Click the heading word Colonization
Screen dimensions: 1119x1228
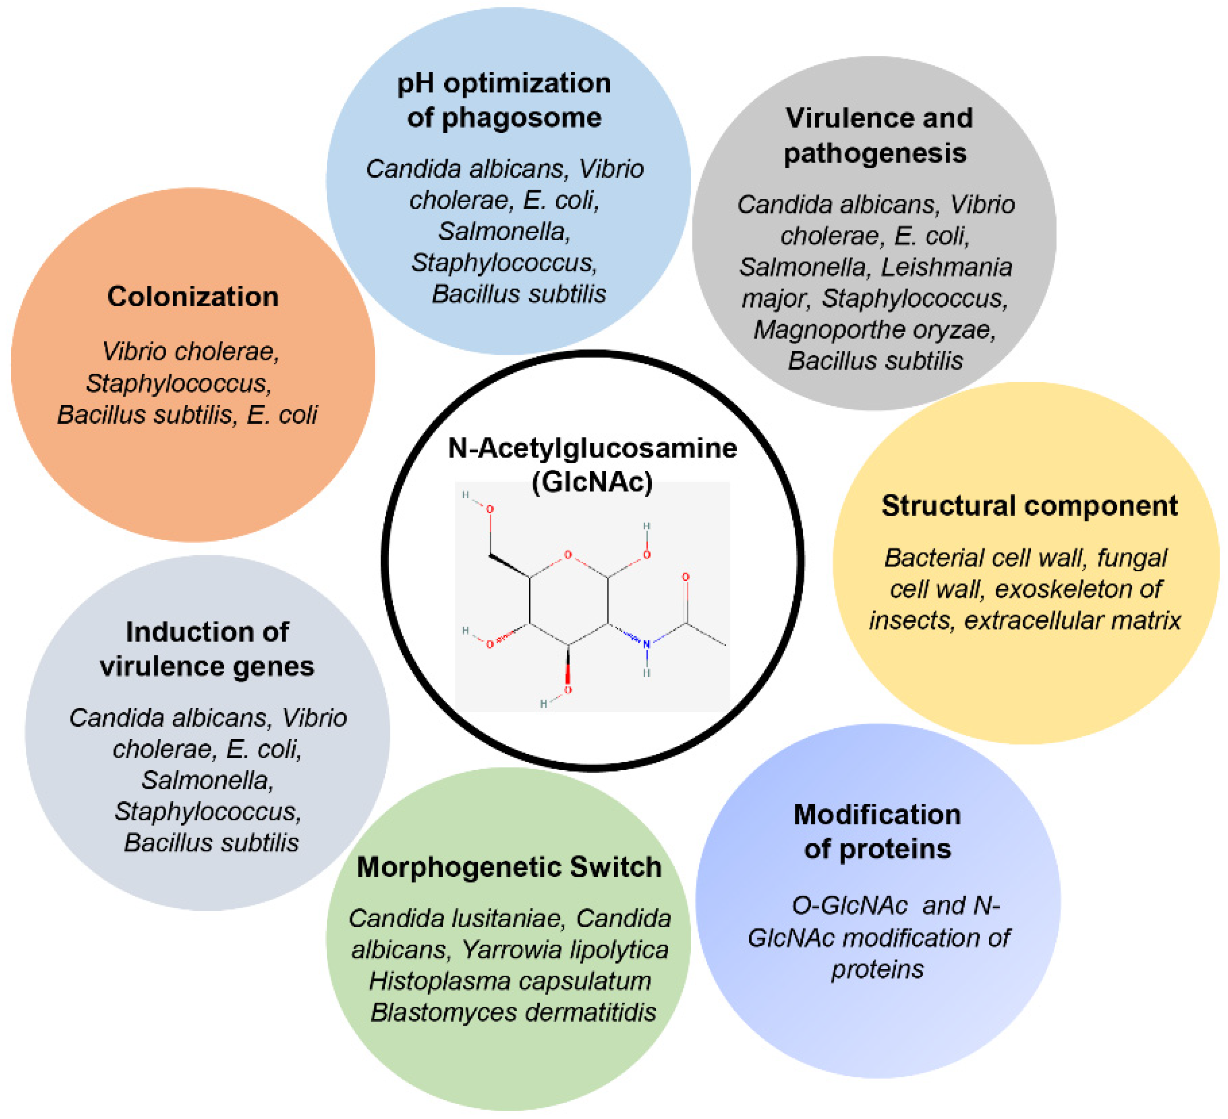(x=193, y=296)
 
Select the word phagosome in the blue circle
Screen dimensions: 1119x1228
(x=521, y=118)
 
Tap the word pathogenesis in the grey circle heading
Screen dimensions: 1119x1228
(x=875, y=153)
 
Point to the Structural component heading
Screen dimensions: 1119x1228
(x=1030, y=506)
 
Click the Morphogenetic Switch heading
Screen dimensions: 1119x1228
(x=508, y=867)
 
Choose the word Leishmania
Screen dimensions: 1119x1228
(x=947, y=267)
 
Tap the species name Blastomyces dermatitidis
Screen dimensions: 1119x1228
(x=513, y=1012)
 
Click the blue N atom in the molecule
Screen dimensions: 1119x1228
(x=646, y=644)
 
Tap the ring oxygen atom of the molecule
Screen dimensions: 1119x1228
(x=568, y=554)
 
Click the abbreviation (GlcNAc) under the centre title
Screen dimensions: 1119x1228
(x=592, y=482)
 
